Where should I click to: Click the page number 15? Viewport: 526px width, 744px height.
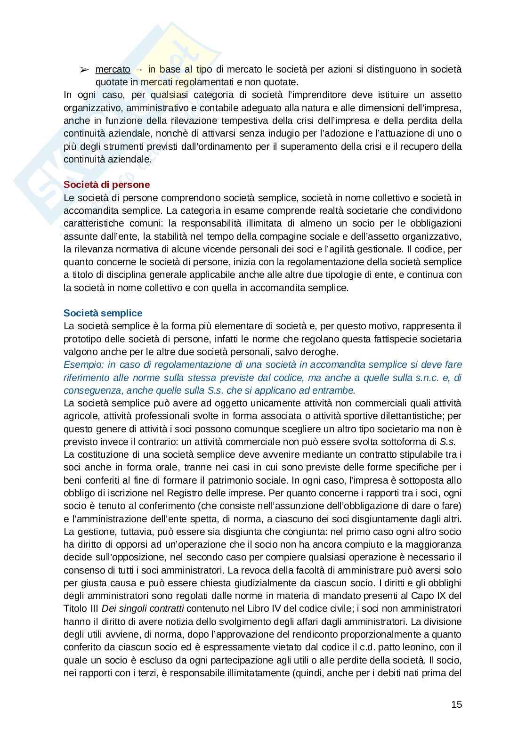tap(456, 704)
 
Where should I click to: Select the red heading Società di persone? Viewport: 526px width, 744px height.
tap(106, 185)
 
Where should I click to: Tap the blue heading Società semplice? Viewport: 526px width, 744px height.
tap(103, 313)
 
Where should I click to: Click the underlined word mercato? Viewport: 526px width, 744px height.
tap(113, 69)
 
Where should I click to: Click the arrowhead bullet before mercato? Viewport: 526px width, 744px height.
tap(84, 70)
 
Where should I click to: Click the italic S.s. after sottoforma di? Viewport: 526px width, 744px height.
tap(447, 442)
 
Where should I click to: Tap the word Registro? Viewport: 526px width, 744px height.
tap(184, 493)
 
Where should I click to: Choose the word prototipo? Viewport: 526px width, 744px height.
tap(83, 339)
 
